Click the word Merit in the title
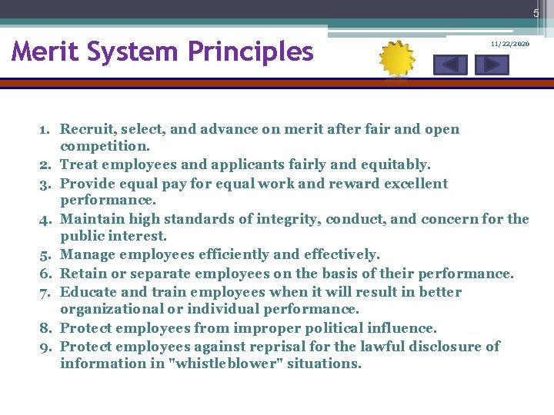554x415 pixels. tap(45, 51)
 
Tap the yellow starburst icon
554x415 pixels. tap(398, 59)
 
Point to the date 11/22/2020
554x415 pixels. tap(510, 45)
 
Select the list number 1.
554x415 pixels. tap(45, 129)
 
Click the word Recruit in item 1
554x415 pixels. tap(85, 129)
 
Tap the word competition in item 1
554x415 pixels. tap(105, 146)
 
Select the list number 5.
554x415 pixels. tap(45, 254)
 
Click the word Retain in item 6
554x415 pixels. tap(82, 273)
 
